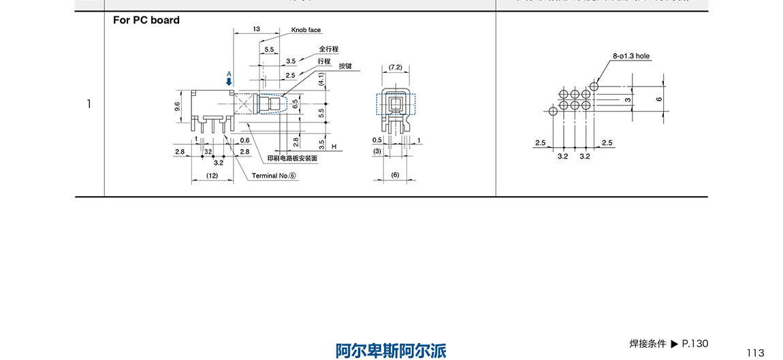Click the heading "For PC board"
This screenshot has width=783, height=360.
click(x=146, y=20)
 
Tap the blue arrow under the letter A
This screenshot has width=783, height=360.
click(x=229, y=80)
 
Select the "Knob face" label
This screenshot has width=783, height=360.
click(x=306, y=30)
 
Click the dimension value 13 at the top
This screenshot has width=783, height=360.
click(x=256, y=29)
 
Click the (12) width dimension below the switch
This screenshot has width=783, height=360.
click(x=212, y=176)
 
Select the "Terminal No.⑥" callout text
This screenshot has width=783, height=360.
click(x=274, y=176)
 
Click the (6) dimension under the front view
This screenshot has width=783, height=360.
click(x=395, y=175)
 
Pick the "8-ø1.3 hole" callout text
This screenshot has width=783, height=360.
click(x=632, y=56)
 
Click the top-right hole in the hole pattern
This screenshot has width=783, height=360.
click(x=594, y=86)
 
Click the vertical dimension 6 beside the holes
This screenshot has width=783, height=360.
click(x=658, y=99)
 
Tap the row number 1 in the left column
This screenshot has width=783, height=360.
click(x=89, y=104)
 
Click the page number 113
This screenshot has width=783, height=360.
click(x=755, y=353)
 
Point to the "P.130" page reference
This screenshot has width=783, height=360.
click(x=695, y=343)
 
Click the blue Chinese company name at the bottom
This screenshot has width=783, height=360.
click(x=391, y=350)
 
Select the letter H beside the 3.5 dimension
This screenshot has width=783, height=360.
click(x=334, y=146)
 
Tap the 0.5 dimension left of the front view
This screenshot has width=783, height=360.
click(x=377, y=140)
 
